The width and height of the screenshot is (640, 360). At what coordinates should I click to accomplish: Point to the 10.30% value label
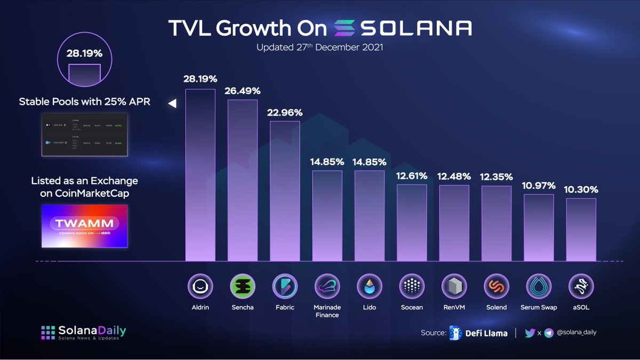[581, 189]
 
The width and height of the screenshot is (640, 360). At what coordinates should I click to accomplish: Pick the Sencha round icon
[243, 287]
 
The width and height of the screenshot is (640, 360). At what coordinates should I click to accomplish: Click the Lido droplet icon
[370, 287]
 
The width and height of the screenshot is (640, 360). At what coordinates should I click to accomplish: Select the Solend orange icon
[497, 287]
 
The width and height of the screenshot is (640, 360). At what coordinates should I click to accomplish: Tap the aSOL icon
[581, 287]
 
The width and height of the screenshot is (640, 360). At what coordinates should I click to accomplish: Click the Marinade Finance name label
[327, 311]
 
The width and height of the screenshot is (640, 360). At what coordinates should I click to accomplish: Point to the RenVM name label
[454, 307]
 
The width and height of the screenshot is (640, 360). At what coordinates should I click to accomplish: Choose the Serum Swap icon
[539, 287]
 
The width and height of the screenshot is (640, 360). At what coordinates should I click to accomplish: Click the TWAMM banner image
[84, 226]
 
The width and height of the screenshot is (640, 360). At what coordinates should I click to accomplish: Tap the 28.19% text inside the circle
[84, 54]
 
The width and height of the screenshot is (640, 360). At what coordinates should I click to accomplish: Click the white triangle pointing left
[172, 104]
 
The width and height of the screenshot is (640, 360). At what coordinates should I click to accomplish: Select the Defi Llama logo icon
[455, 332]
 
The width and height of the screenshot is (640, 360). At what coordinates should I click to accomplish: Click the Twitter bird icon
[530, 332]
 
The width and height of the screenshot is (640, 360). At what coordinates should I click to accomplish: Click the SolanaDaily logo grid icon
[49, 332]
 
